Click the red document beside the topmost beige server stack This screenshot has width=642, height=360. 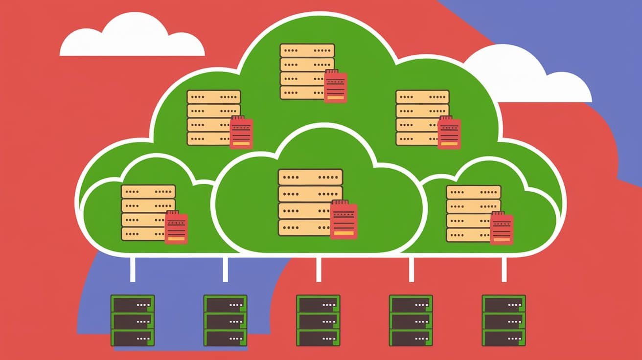[x=336, y=86]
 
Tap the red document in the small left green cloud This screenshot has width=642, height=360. [x=176, y=227]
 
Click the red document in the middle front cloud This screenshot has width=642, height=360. [x=344, y=220]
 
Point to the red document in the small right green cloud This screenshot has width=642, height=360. [x=502, y=228]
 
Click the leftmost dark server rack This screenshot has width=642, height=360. [x=133, y=320]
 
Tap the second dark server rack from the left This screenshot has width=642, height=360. [x=225, y=320]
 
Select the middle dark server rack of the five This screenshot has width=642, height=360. [x=318, y=320]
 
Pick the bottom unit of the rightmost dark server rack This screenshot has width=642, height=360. [x=504, y=338]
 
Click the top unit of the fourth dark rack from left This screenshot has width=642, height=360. [x=411, y=304]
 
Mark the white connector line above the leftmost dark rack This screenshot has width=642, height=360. [x=133, y=269]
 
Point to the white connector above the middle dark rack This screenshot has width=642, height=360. [x=319, y=269]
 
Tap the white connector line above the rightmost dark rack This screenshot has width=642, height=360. [x=504, y=269]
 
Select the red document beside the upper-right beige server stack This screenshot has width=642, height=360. [x=449, y=132]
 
